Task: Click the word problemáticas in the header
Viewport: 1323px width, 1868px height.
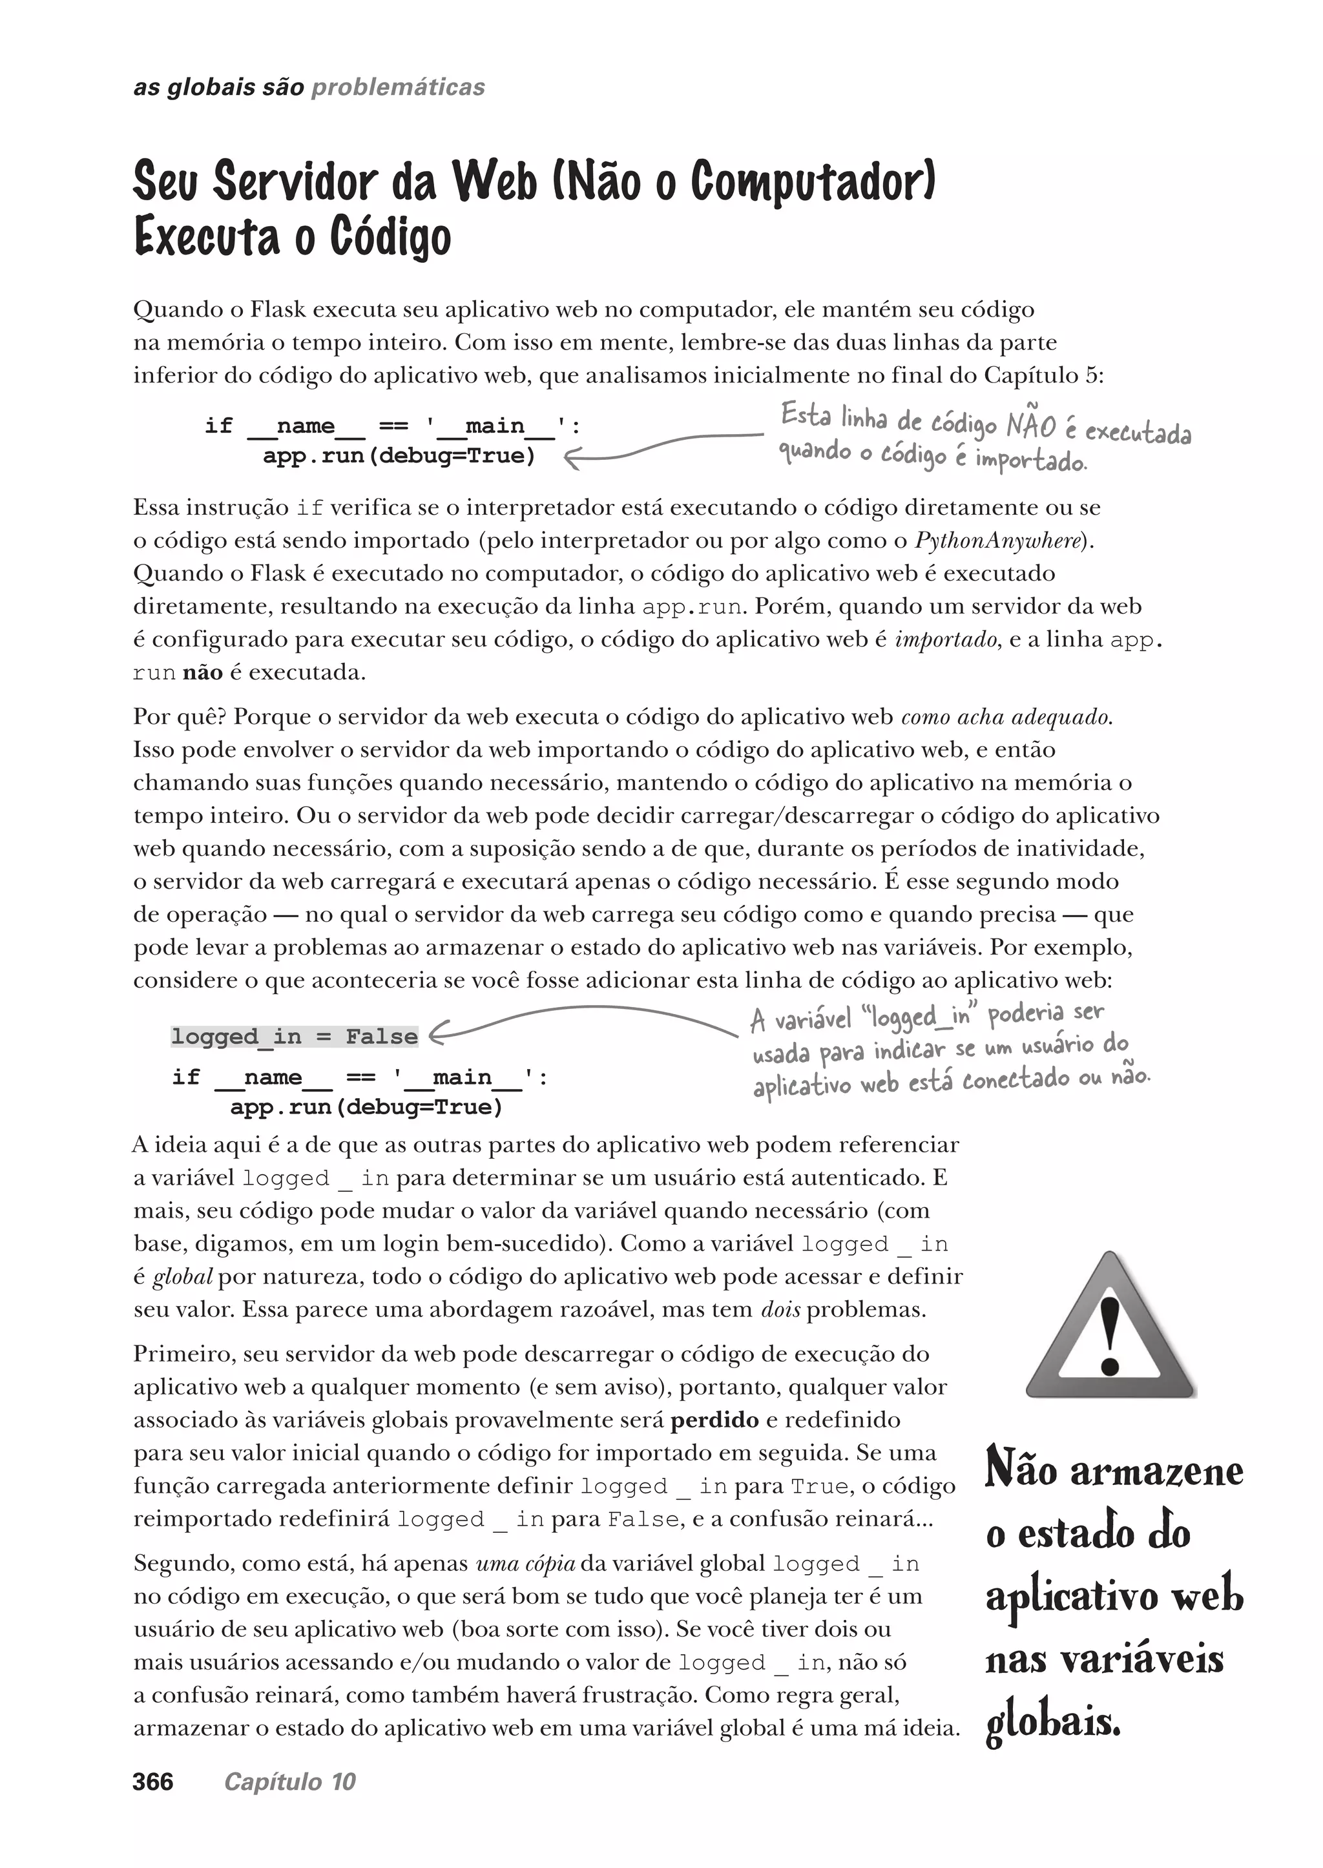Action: click(x=399, y=87)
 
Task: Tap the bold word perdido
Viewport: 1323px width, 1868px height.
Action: click(x=714, y=1420)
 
